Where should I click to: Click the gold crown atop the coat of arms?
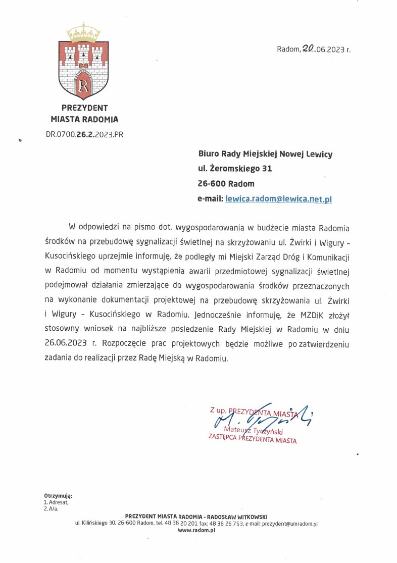(84, 35)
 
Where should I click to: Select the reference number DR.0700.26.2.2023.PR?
(85, 134)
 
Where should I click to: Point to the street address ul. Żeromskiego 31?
(235, 168)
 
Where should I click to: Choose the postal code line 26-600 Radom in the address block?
(226, 183)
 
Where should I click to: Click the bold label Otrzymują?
(58, 497)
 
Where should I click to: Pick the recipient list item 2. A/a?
(51, 509)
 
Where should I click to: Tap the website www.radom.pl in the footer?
(197, 531)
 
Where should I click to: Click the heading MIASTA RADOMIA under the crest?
(85, 120)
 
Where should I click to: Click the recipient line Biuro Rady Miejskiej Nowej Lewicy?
(265, 153)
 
